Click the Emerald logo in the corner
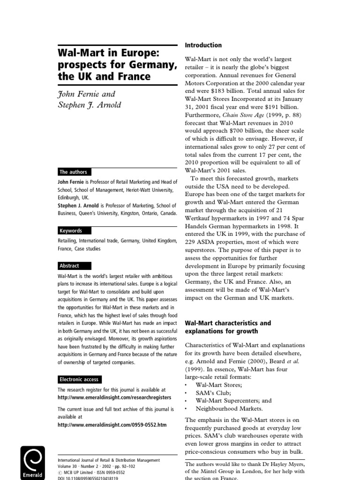pyautogui.click(x=32, y=462)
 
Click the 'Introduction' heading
pyautogui.click(x=203, y=45)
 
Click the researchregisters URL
pyautogui.click(x=108, y=397)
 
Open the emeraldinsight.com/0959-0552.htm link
pyautogui.click(x=112, y=425)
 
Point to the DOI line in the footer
pyautogui.click(x=87, y=478)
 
